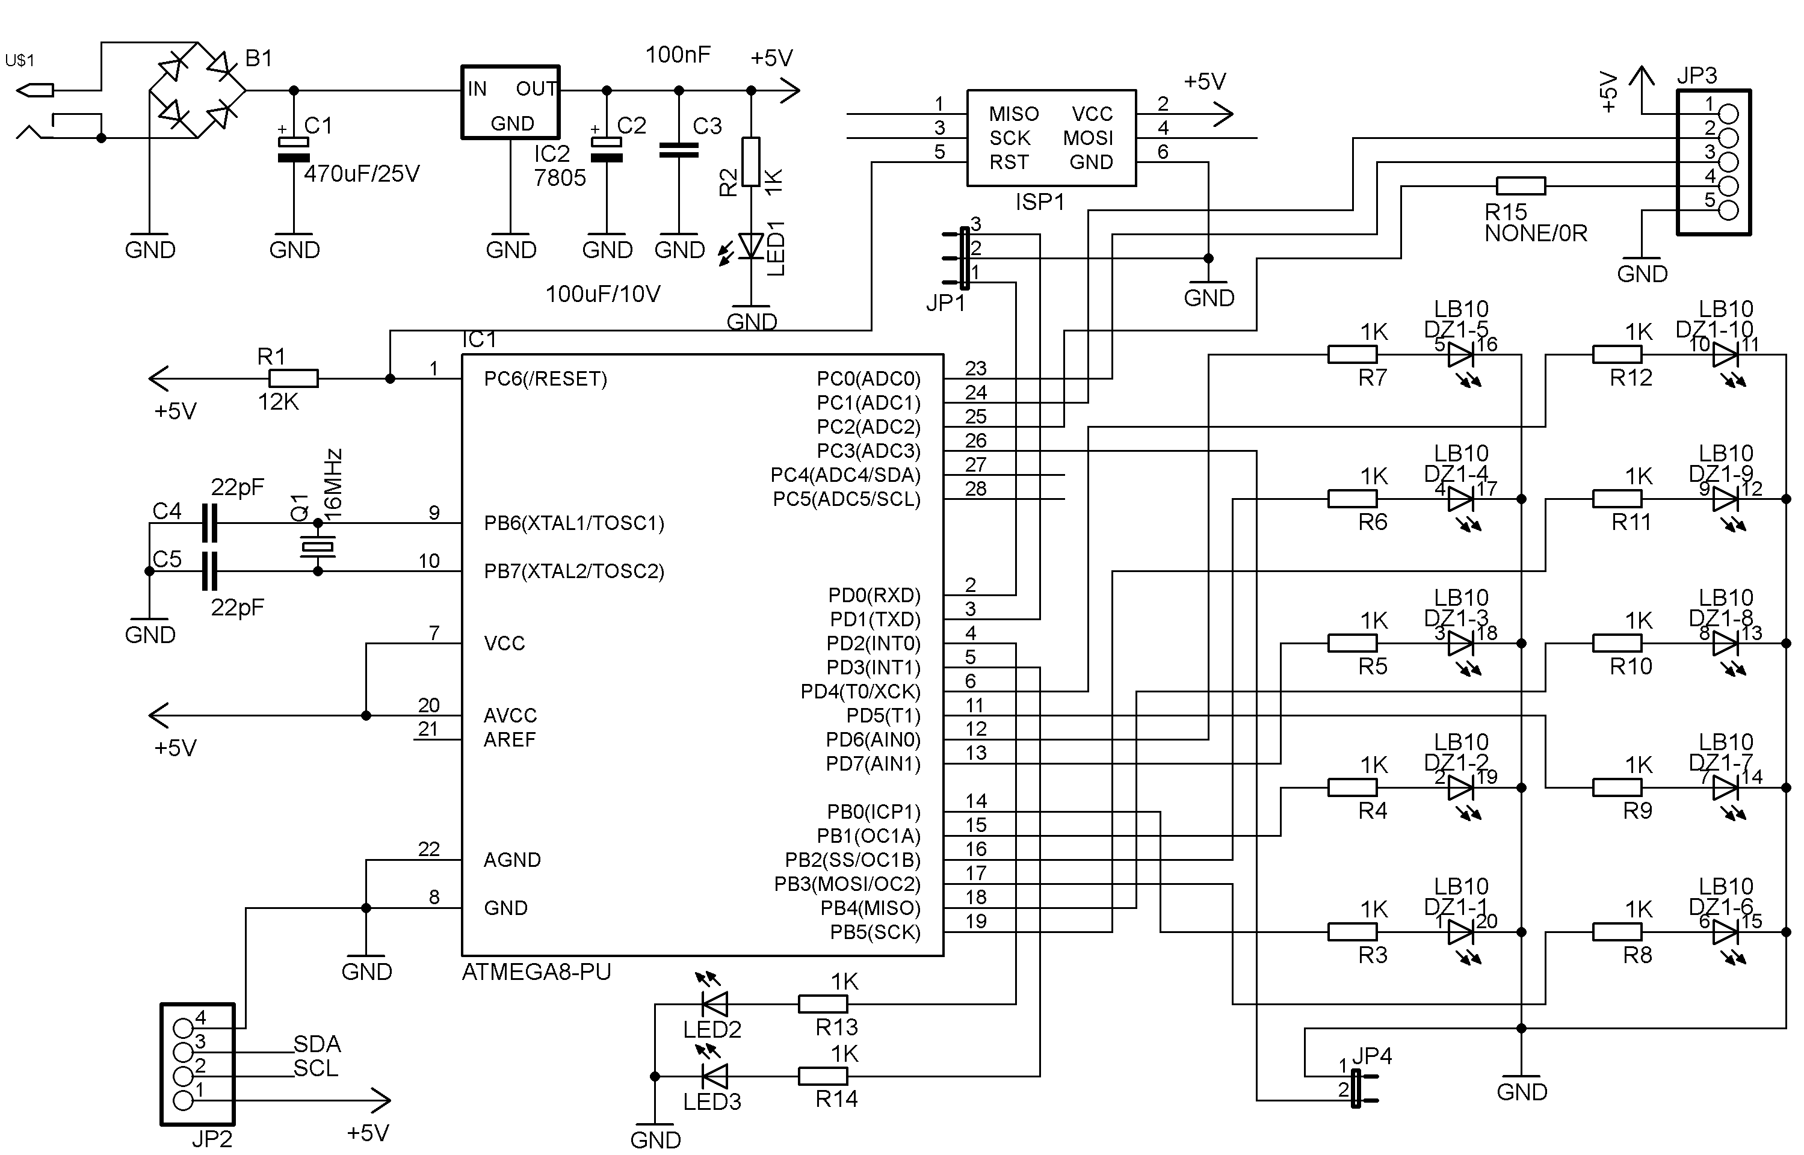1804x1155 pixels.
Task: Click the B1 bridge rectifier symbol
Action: click(x=198, y=91)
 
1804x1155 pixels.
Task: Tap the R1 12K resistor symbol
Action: click(x=293, y=379)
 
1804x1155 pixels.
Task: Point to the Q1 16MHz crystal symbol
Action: click(x=317, y=547)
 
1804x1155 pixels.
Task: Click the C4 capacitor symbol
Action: click(x=210, y=523)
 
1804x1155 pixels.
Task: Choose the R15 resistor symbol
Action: click(x=1521, y=186)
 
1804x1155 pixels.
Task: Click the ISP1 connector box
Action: click(x=1052, y=138)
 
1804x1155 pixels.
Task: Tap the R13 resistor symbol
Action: click(x=823, y=1003)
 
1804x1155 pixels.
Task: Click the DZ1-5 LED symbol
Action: click(x=1461, y=356)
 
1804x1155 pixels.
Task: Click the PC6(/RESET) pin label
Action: click(x=545, y=379)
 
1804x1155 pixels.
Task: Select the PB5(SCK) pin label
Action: click(x=875, y=932)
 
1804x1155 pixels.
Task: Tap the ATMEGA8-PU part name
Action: click(x=536, y=972)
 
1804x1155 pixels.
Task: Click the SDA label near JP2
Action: click(x=317, y=1044)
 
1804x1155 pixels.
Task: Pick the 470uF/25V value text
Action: click(x=362, y=174)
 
